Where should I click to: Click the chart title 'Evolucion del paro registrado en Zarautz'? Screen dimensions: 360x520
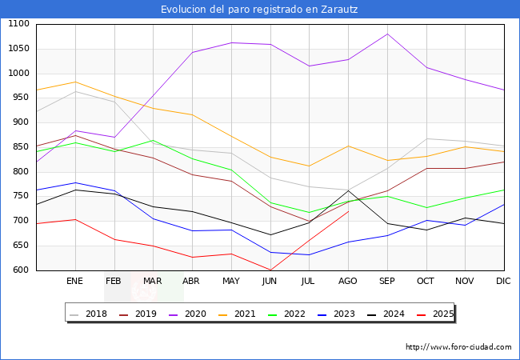click(x=259, y=10)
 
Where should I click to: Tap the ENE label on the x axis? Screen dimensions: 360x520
click(x=74, y=282)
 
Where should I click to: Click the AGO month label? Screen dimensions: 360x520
click(x=348, y=282)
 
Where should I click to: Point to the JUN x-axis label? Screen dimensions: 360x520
click(x=270, y=282)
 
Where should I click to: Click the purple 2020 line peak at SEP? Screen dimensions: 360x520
click(x=387, y=34)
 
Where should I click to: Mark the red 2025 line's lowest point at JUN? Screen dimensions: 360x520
click(x=270, y=270)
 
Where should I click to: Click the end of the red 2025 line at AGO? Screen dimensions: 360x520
click(x=348, y=211)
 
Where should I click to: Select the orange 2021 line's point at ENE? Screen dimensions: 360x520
click(x=74, y=82)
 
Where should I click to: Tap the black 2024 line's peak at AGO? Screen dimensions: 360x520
click(x=348, y=190)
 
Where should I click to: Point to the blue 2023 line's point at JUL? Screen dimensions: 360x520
click(x=309, y=254)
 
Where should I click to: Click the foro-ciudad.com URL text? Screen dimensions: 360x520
click(x=458, y=347)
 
